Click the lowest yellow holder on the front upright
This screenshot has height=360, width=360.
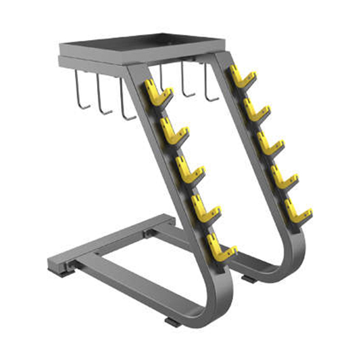[221, 248]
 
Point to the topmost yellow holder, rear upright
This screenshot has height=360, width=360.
[242, 76]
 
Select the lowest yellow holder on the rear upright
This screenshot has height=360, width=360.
[298, 209]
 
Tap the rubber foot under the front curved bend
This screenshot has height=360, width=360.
[172, 322]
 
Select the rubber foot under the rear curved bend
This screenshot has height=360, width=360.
[248, 280]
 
